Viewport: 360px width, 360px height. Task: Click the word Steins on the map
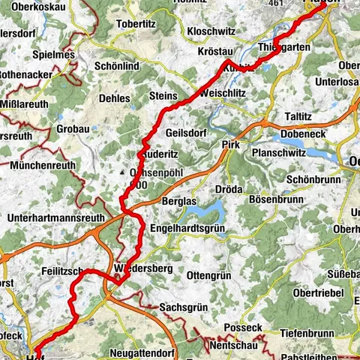[x=163, y=97]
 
